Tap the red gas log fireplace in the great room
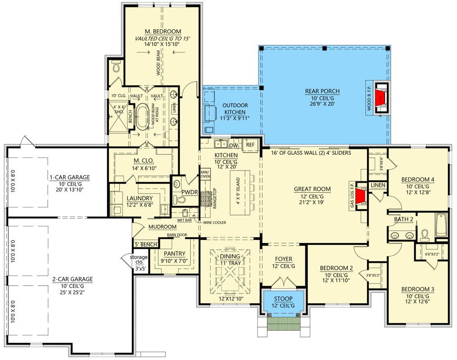360,197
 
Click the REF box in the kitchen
250,145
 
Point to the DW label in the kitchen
233,145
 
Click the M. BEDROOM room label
163,31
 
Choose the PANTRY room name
175,253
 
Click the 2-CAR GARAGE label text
72,279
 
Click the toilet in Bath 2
425,234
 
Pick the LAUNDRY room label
139,198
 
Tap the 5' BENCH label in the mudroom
146,244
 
